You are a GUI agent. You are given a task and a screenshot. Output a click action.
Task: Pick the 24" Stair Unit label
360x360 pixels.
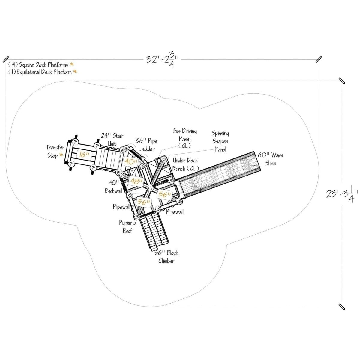click(112, 140)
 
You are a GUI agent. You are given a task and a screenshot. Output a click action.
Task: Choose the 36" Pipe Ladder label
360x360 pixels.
click(147, 145)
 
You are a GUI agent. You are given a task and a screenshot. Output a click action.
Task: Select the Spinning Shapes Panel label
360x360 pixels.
click(220, 141)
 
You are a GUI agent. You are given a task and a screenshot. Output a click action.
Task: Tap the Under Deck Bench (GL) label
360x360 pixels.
click(185, 164)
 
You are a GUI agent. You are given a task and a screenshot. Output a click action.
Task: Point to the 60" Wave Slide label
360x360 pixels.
click(270, 159)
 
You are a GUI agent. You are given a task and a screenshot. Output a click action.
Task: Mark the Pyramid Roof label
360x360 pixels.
click(127, 227)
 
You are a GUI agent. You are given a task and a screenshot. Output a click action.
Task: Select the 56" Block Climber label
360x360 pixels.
click(166, 257)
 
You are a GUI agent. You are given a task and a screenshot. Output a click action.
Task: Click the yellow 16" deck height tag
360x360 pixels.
click(83, 154)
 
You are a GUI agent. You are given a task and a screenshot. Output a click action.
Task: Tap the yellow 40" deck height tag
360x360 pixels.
click(131, 161)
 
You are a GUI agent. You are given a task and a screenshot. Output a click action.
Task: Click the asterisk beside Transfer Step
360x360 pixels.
click(61, 155)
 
